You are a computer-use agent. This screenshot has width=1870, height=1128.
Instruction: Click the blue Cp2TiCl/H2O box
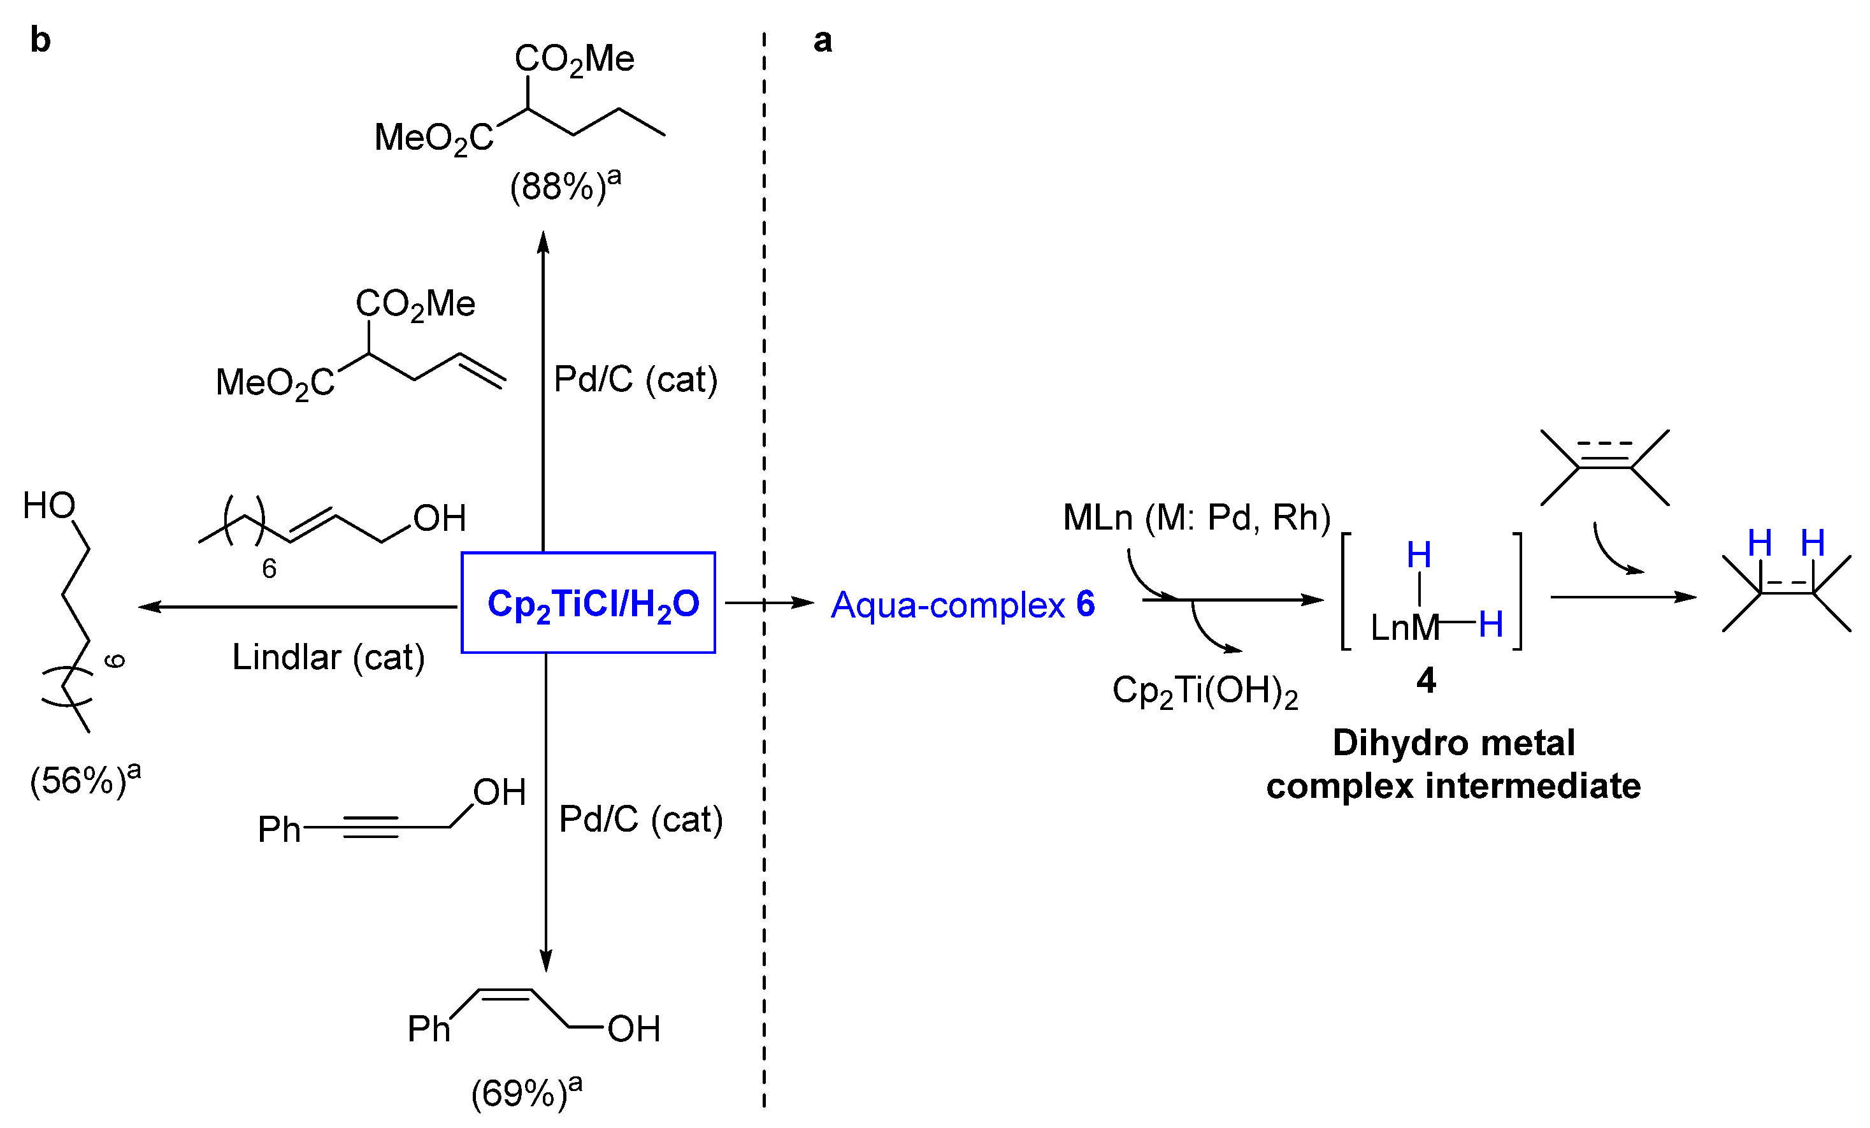click(588, 603)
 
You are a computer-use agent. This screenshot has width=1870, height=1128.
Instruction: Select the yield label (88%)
click(565, 185)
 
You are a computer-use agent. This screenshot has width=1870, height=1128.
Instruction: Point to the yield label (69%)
click(526, 1092)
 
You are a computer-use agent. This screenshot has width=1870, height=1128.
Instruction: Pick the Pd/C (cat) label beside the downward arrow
click(640, 820)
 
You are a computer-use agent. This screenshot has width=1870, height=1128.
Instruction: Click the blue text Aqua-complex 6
click(962, 605)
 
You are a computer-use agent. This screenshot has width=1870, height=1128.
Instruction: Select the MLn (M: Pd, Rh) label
click(1196, 517)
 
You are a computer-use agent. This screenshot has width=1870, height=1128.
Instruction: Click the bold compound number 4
click(1425, 680)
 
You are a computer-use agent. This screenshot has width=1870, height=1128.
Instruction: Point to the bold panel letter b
click(40, 40)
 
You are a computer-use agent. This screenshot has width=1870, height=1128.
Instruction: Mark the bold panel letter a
click(822, 40)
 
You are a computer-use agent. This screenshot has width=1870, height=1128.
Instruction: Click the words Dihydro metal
click(1453, 742)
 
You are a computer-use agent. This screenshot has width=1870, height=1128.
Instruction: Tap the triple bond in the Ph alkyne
click(370, 827)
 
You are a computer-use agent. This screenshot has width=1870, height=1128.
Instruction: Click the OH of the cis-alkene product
click(634, 1029)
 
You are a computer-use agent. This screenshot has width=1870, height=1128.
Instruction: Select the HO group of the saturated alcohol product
click(49, 505)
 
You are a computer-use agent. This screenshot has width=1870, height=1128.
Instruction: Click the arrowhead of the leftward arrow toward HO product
click(147, 607)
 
